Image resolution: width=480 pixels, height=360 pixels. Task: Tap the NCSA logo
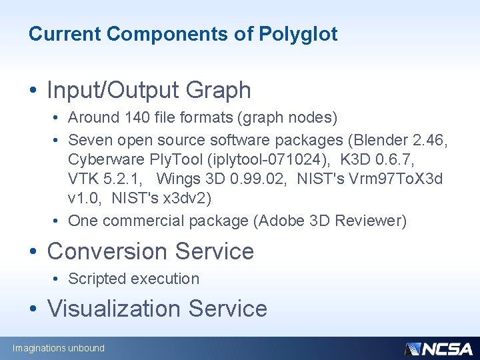click(x=438, y=349)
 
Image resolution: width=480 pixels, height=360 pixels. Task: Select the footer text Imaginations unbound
click(x=59, y=348)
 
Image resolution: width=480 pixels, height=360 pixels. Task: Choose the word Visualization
click(x=114, y=309)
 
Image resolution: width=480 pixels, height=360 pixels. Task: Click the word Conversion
click(x=108, y=251)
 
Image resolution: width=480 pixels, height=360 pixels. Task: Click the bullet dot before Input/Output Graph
click(x=33, y=91)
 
